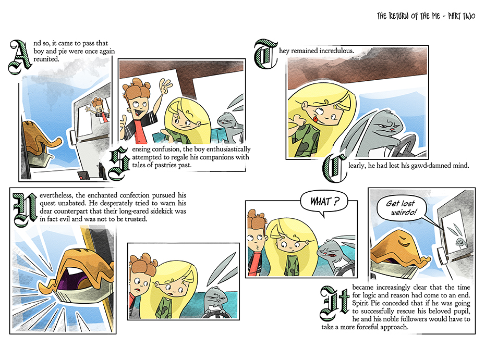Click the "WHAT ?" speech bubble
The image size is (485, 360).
click(324, 202)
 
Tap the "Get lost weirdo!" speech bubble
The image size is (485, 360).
click(401, 208)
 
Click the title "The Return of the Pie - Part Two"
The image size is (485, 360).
click(426, 16)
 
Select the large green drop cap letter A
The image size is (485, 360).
click(20, 57)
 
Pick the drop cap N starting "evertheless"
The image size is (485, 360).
click(25, 210)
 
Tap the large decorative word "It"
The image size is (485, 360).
click(335, 303)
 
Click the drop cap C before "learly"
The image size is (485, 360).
click(334, 168)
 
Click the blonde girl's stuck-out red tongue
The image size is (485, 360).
click(315, 119)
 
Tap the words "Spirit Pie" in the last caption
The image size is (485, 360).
click(366, 303)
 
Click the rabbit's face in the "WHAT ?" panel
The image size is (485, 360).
click(328, 251)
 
